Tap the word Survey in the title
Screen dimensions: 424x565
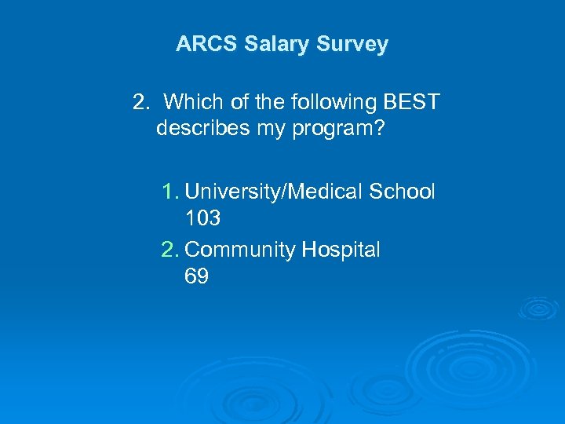point(352,44)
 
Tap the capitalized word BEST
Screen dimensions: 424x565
point(411,102)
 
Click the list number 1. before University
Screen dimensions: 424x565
point(171,192)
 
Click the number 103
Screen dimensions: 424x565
point(202,217)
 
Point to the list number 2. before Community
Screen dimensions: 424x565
point(171,250)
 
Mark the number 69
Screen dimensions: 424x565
point(196,276)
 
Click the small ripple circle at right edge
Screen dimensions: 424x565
point(538,307)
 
